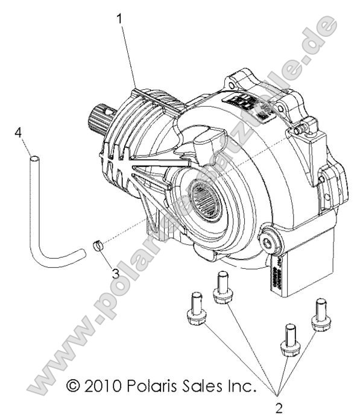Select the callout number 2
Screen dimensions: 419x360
tap(278, 408)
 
